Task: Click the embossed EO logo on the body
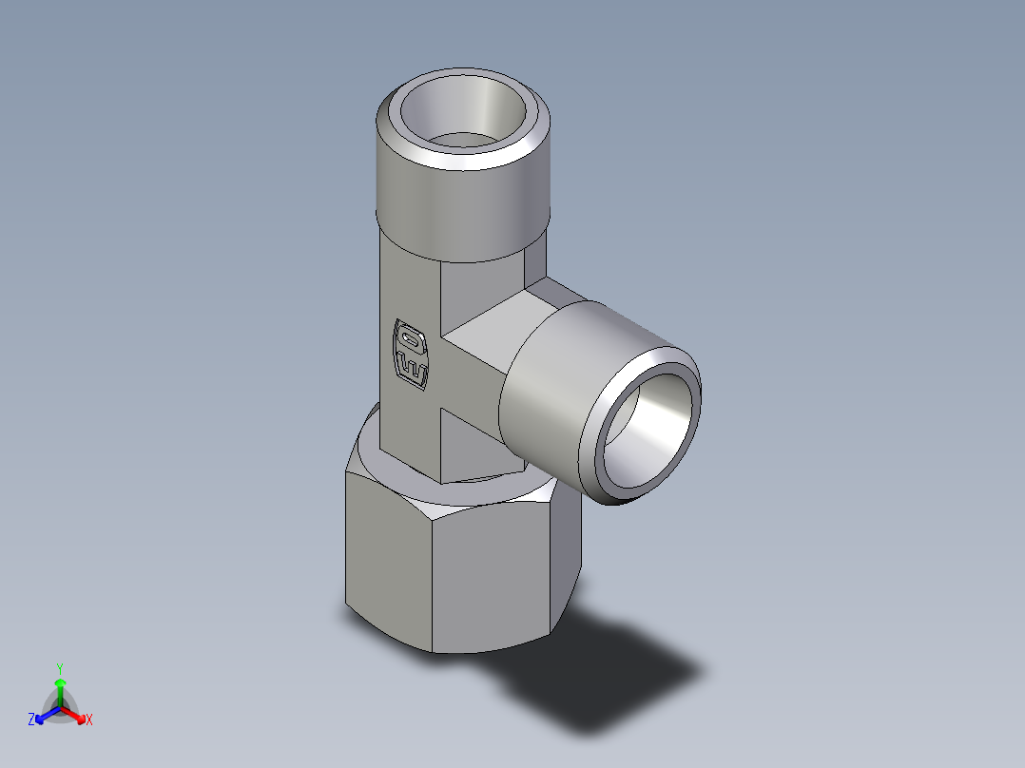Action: point(411,354)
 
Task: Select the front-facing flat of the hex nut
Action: point(490,580)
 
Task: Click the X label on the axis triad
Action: point(89,720)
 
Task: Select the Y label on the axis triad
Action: point(59,668)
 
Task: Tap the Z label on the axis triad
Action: point(31,720)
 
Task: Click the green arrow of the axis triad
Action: point(59,686)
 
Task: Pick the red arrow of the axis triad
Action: point(75,714)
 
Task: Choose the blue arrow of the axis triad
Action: point(44,714)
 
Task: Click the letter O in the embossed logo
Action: point(411,337)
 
